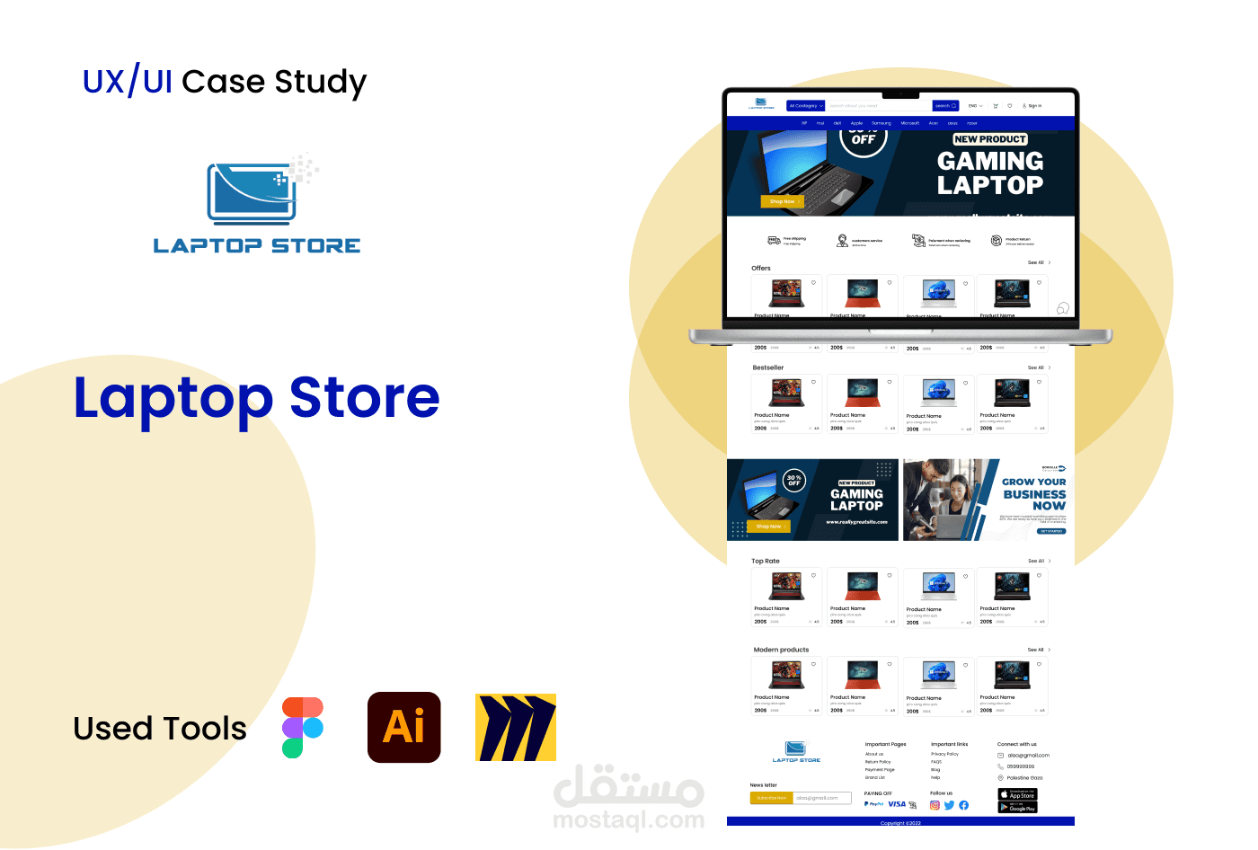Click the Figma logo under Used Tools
pyautogui.click(x=302, y=727)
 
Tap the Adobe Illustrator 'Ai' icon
pyautogui.click(x=404, y=727)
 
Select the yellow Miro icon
pyautogui.click(x=516, y=727)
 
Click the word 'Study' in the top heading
pyautogui.click(x=321, y=83)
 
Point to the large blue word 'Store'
pyautogui.click(x=365, y=398)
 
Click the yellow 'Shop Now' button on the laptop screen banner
pyautogui.click(x=782, y=201)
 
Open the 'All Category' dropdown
pyautogui.click(x=806, y=106)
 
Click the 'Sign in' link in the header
pyautogui.click(x=1032, y=106)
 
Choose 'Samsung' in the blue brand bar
pyautogui.click(x=881, y=123)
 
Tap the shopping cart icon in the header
pyautogui.click(x=996, y=106)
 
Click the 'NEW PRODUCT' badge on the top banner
pyautogui.click(x=989, y=139)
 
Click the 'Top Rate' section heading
pyautogui.click(x=766, y=561)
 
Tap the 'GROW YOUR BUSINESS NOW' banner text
pyautogui.click(x=1034, y=493)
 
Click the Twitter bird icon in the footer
pyautogui.click(x=949, y=805)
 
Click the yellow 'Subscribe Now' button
pyautogui.click(x=771, y=798)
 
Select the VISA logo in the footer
pyautogui.click(x=897, y=804)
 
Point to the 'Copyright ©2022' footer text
pyautogui.click(x=900, y=822)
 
